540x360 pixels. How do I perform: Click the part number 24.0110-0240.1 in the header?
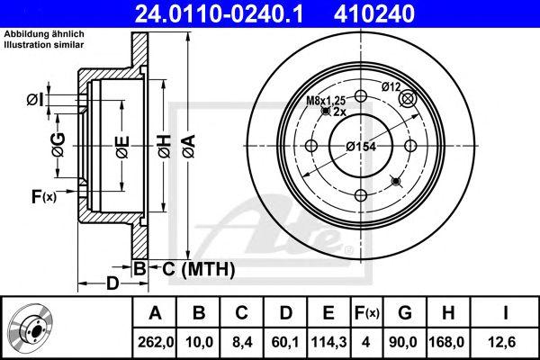(219, 14)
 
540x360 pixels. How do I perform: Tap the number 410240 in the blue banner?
(374, 14)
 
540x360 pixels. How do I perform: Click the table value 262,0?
(156, 342)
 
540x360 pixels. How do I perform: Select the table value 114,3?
(328, 342)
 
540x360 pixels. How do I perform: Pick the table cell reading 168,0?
(448, 342)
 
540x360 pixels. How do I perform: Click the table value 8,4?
(241, 342)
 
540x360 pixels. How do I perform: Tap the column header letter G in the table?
(405, 313)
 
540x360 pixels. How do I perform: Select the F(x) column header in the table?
(366, 313)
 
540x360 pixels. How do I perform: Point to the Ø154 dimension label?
(361, 147)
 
